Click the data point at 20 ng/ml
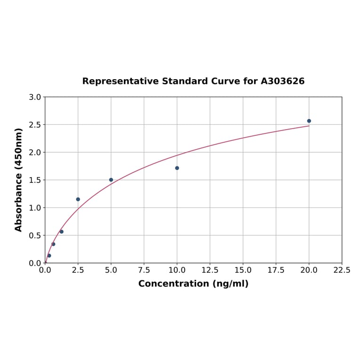[309, 121]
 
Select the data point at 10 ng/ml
[177, 168]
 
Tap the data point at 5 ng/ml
[111, 180]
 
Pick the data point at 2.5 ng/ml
[78, 199]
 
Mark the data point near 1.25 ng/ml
[62, 232]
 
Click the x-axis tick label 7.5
[144, 270]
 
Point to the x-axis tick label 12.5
[210, 270]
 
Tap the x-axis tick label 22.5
[342, 270]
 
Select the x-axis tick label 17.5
[276, 270]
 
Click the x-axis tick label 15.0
[243, 270]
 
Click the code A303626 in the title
[283, 82]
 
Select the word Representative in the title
[120, 82]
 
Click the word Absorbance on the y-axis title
[19, 198]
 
